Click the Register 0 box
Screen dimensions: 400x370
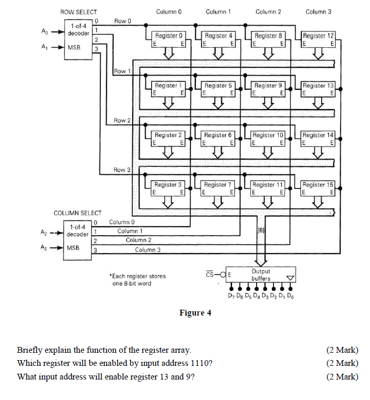coord(168,39)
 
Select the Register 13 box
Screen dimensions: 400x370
coord(318,89)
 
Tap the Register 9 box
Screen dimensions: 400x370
coord(268,89)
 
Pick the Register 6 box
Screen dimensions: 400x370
coord(218,138)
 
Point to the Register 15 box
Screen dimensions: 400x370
coord(318,187)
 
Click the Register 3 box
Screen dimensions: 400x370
coord(168,187)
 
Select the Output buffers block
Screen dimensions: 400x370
coord(260,275)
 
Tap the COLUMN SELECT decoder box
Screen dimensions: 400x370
coord(78,239)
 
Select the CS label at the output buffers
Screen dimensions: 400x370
coord(209,273)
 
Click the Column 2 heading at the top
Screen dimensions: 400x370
coord(268,12)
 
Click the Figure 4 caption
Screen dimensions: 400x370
coord(195,313)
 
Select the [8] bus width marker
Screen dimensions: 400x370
coord(261,230)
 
